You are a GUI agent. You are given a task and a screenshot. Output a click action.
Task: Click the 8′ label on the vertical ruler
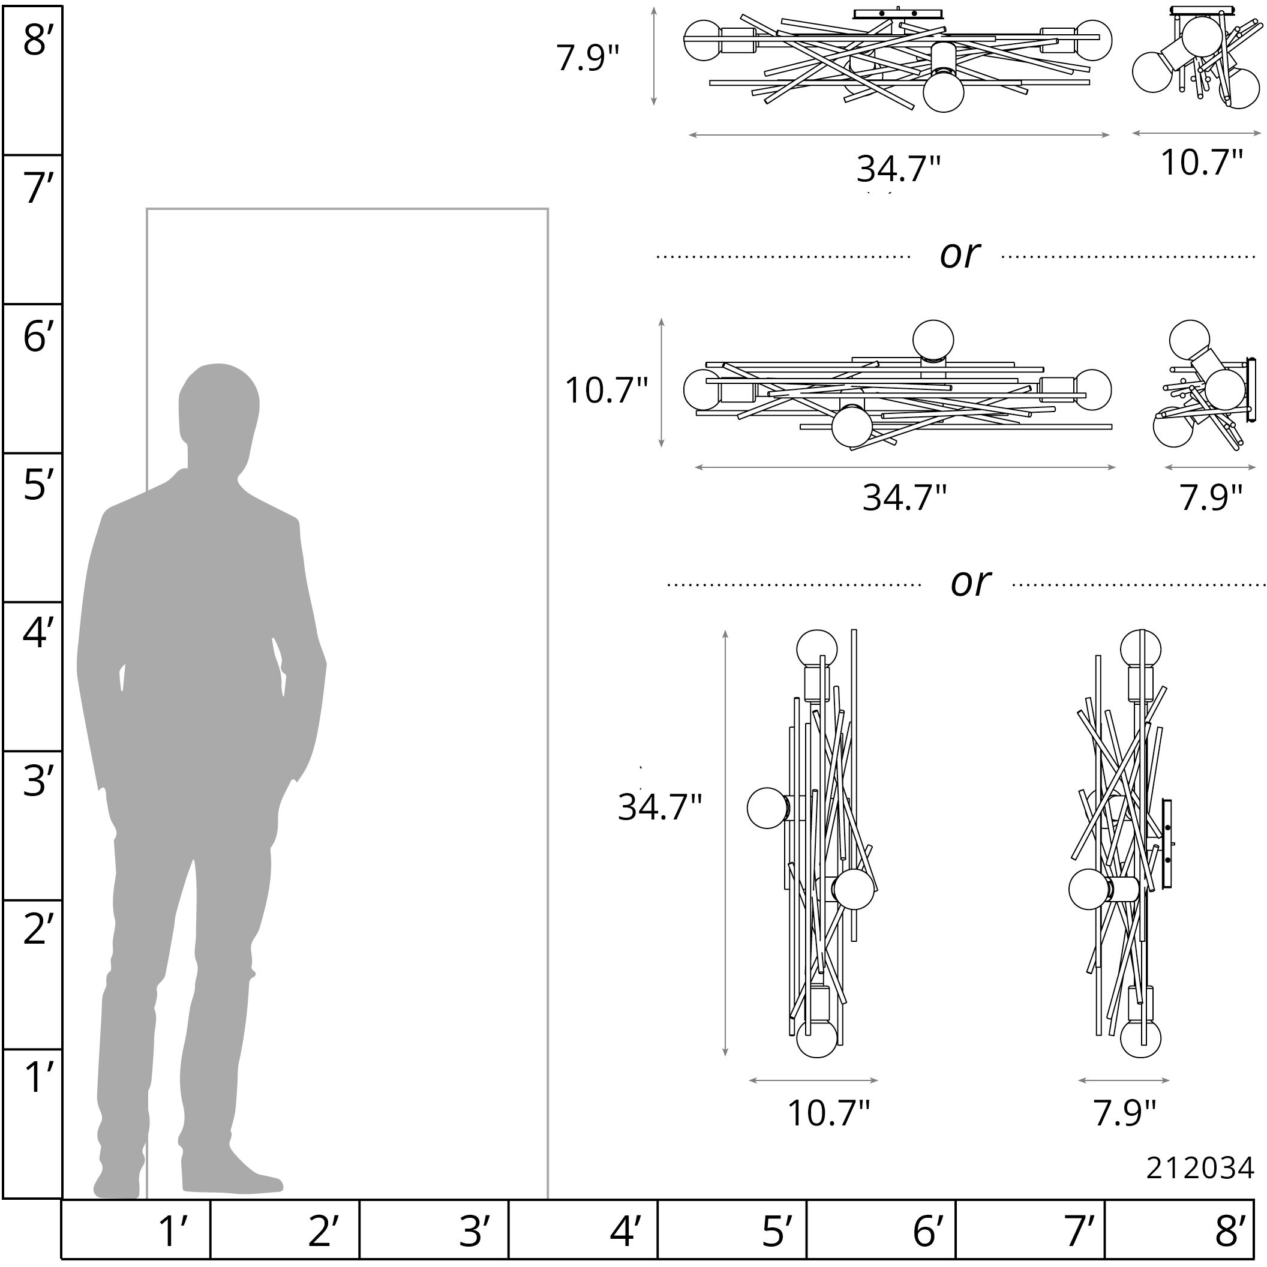click(34, 40)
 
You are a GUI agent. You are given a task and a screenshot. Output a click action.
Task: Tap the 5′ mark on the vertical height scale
click(34, 485)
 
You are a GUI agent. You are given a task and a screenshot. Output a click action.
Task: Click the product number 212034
click(1200, 1168)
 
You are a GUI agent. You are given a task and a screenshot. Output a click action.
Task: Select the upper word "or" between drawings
click(960, 255)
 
